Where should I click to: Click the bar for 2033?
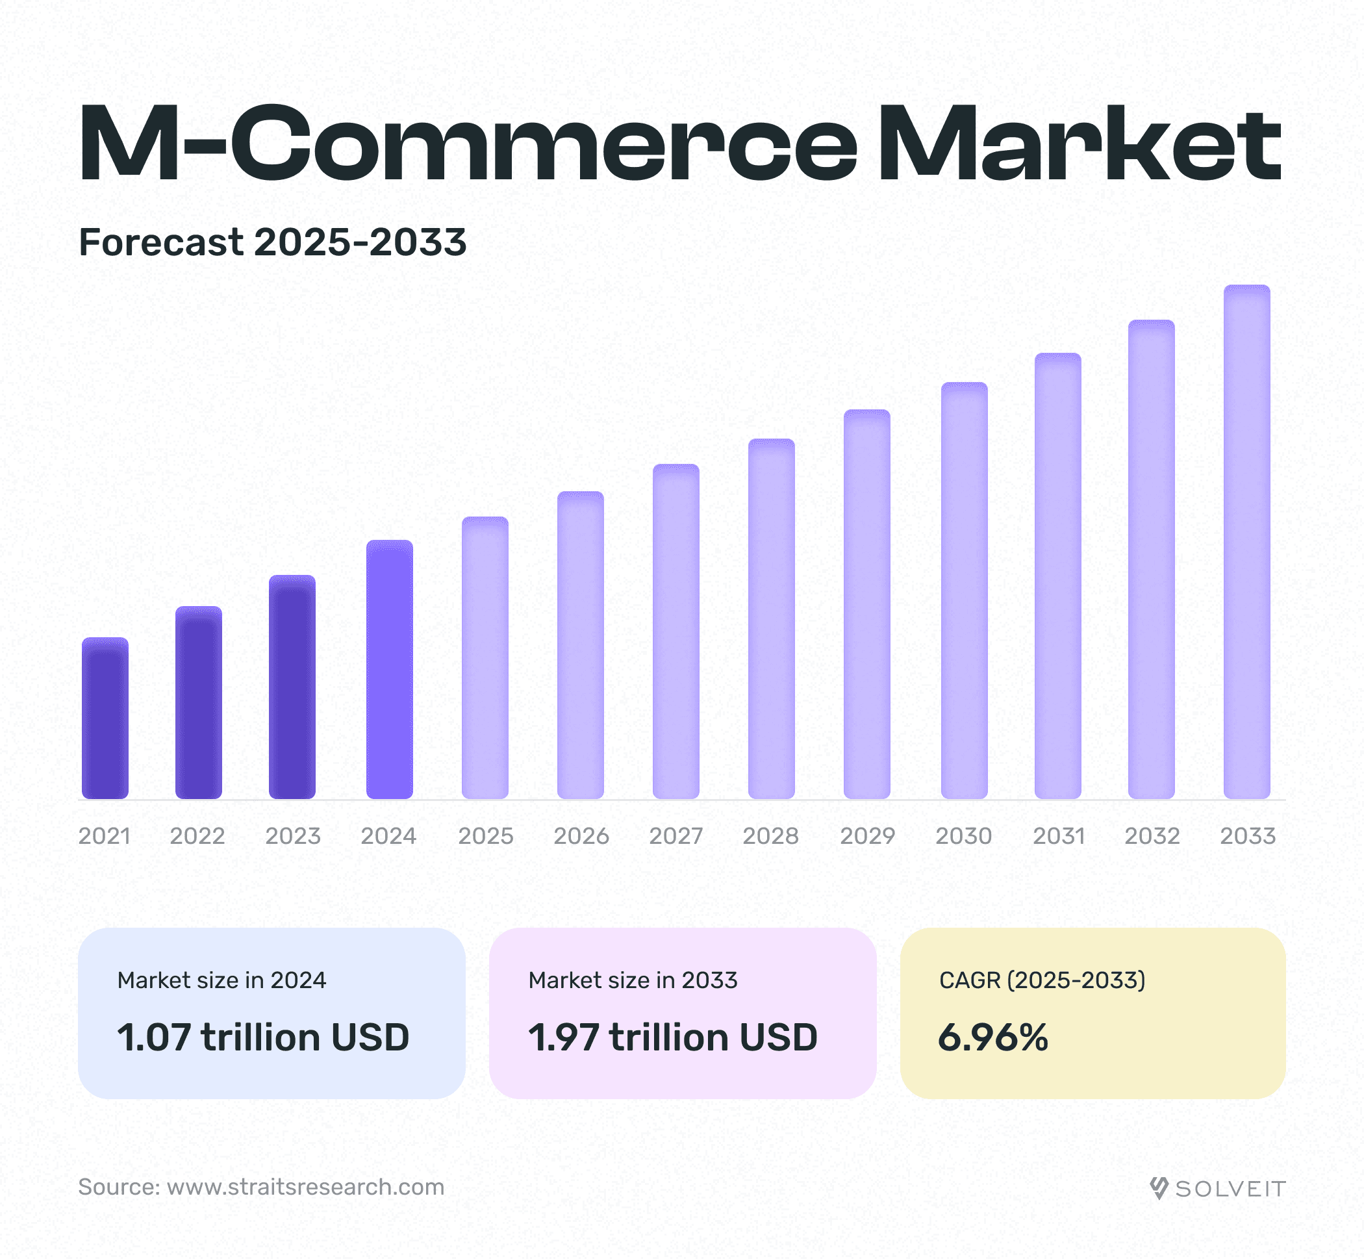pos(1246,542)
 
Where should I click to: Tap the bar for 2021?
pos(105,718)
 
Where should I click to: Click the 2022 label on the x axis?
pos(197,836)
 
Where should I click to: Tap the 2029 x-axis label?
pos(867,836)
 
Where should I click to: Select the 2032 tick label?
pos(1152,836)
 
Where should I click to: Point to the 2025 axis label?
pos(486,836)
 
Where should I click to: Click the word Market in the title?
pos(1080,144)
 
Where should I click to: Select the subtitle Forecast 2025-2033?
pos(272,242)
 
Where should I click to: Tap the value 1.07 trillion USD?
pos(263,1037)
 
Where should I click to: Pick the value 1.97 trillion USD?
pos(672,1037)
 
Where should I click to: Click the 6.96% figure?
pos(993,1037)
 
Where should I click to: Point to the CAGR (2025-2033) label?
pos(1042,980)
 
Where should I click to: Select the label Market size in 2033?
pos(633,980)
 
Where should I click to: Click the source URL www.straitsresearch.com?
pos(306,1187)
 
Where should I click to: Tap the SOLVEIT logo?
pos(1218,1189)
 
